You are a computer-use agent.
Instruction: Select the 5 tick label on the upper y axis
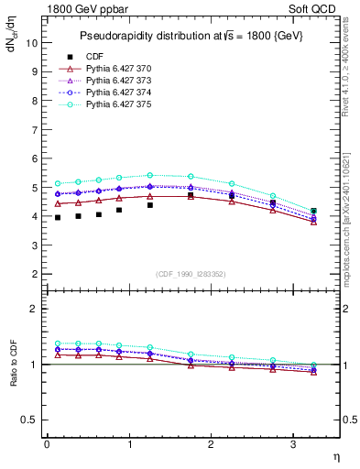(x=35, y=188)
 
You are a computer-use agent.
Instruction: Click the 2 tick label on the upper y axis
(x=35, y=274)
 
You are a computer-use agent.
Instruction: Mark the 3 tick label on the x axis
(x=293, y=443)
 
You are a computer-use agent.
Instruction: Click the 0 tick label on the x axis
(x=47, y=443)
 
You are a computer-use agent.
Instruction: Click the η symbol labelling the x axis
(x=335, y=454)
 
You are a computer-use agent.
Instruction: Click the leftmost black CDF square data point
(x=58, y=217)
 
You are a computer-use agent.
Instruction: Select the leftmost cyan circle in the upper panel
(x=58, y=183)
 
